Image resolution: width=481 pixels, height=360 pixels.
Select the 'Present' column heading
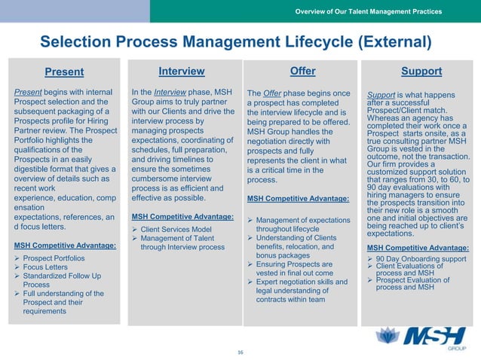pyautogui.click(x=64, y=72)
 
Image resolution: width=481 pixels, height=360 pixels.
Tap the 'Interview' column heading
pyautogui.click(x=182, y=72)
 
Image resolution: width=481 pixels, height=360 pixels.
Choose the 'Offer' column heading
pyautogui.click(x=302, y=72)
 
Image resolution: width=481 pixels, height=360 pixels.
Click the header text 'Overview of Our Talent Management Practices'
pyautogui.click(x=368, y=11)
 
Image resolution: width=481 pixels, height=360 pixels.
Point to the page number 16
pyautogui.click(x=240, y=352)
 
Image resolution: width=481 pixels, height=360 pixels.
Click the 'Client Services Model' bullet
pyautogui.click(x=174, y=228)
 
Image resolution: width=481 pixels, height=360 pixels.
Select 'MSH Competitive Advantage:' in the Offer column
pyautogui.click(x=297, y=199)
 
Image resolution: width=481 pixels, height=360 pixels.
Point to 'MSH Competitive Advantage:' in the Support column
pyautogui.click(x=417, y=248)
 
